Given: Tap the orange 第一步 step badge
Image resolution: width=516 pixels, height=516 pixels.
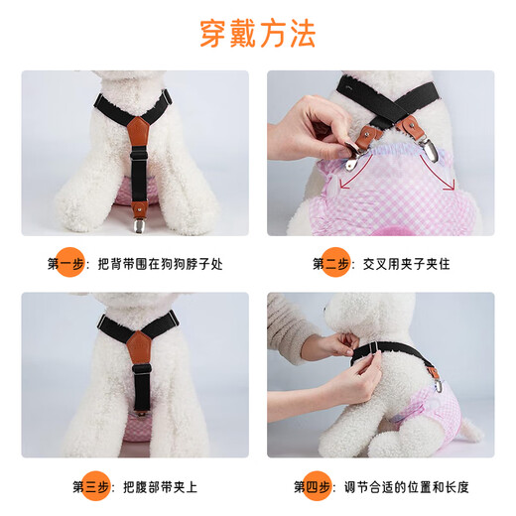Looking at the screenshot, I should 67,264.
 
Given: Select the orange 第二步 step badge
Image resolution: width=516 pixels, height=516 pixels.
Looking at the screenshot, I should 330,264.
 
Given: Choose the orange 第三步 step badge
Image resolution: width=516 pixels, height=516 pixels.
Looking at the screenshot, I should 91,486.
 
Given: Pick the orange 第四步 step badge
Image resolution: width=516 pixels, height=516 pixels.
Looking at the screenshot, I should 312,486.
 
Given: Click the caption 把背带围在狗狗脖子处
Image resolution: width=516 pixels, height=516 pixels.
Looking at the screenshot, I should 157,265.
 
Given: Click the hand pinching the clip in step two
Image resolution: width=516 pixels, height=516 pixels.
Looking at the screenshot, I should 318,129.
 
